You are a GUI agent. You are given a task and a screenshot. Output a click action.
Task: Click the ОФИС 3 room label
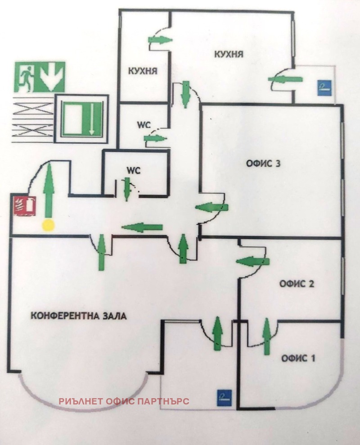coord(263,163)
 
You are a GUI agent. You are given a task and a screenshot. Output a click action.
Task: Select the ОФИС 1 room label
coord(298,359)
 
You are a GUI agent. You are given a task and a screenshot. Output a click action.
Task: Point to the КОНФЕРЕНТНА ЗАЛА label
coord(79,315)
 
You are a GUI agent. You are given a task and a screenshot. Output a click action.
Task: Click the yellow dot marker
coord(48,225)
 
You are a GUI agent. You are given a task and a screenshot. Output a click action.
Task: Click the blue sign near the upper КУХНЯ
coord(324,86)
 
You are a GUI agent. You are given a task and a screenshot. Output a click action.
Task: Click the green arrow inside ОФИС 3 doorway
coord(212,207)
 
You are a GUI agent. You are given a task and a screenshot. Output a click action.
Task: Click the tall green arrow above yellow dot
coord(48,190)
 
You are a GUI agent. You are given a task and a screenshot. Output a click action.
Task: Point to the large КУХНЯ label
coord(229,54)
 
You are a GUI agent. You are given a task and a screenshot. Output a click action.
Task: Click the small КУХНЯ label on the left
coord(143,71)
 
